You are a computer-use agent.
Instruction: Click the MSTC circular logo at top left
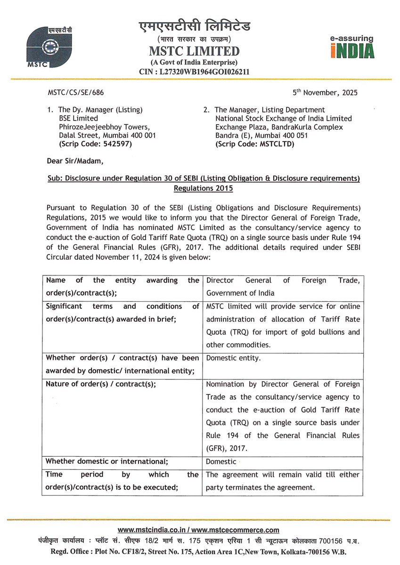click(x=46, y=47)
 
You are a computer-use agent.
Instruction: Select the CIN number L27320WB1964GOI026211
click(x=194, y=72)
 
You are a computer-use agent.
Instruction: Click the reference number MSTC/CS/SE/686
click(x=73, y=93)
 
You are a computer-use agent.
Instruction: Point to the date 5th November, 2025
click(x=325, y=92)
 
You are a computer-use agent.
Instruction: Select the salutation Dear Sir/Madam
click(x=74, y=161)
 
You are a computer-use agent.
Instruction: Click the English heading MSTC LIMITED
click(x=194, y=51)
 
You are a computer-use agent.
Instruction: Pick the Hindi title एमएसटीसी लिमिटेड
click(x=194, y=26)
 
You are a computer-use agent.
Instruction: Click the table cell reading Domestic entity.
click(x=233, y=358)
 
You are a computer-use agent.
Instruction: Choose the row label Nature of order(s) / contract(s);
click(x=101, y=384)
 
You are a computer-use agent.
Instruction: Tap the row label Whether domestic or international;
click(x=107, y=461)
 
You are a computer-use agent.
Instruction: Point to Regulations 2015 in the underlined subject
click(x=203, y=188)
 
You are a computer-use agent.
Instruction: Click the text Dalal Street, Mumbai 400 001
click(x=104, y=136)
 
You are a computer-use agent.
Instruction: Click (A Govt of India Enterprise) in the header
click(x=194, y=62)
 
